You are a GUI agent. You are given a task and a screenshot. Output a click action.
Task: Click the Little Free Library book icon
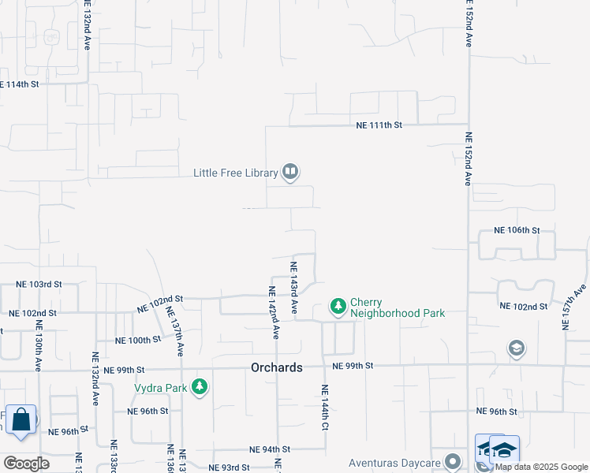pos(290,172)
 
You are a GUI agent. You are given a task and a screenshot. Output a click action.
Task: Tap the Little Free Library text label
pos(236,173)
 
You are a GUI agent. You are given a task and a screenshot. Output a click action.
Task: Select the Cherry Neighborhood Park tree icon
pos(338,306)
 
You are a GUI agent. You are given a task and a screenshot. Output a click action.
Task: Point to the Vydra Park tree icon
pos(201,386)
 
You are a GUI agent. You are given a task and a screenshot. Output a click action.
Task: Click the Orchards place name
pos(277,367)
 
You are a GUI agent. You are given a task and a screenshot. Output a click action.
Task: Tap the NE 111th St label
pos(379,125)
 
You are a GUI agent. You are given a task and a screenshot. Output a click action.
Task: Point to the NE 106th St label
pos(516,230)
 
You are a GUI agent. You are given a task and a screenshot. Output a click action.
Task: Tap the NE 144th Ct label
pos(324,408)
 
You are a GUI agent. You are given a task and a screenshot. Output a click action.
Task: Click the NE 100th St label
pos(138,341)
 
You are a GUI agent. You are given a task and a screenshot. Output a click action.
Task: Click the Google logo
pos(26,464)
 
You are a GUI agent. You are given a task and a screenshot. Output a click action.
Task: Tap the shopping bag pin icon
pos(21,419)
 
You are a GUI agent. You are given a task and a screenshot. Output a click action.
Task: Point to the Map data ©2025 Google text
pos(541,466)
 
